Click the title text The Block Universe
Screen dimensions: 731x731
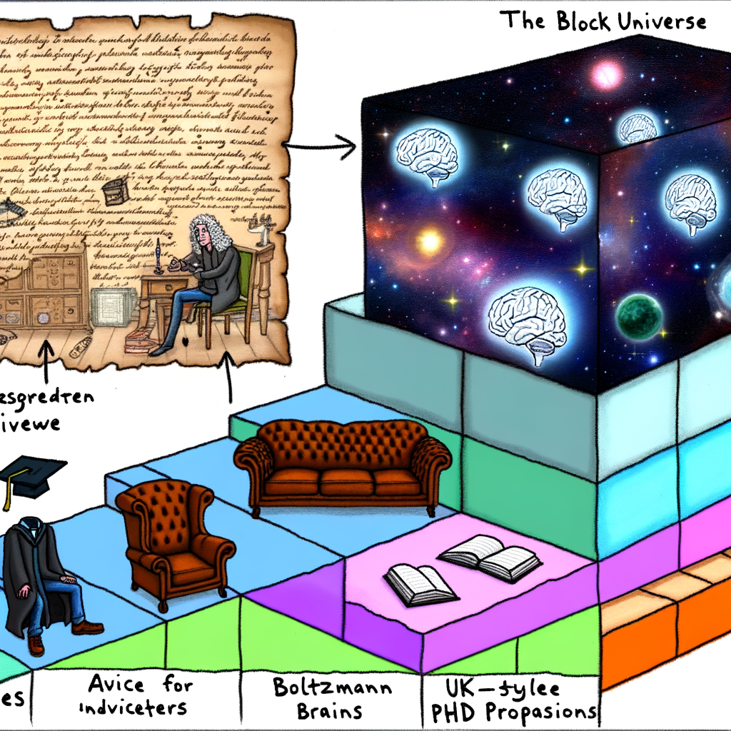(x=603, y=21)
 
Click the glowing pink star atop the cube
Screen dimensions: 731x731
(x=608, y=72)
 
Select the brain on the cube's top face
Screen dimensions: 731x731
(x=637, y=128)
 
